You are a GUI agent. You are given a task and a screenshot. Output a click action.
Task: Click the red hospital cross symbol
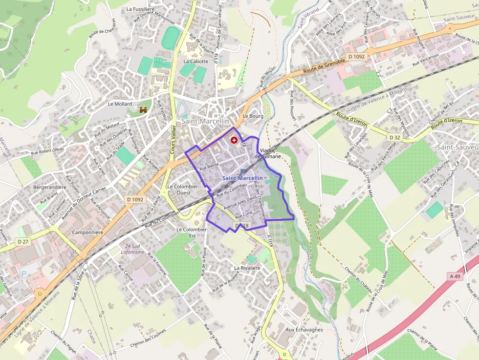(x=233, y=140)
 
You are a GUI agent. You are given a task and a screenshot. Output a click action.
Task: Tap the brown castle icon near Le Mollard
(x=143, y=110)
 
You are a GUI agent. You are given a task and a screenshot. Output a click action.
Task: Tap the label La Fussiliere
(x=141, y=9)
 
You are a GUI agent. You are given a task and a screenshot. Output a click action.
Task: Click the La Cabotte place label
(x=196, y=62)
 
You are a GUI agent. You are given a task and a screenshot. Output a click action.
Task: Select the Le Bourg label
(x=253, y=116)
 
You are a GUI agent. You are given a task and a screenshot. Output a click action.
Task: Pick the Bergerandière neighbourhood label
(x=49, y=187)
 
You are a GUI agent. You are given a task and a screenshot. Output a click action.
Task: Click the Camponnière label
(x=87, y=233)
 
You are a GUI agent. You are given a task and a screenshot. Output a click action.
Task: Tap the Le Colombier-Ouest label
(x=183, y=190)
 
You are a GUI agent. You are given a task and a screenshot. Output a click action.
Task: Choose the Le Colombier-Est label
(x=192, y=233)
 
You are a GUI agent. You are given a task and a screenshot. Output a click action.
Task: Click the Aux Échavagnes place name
(x=304, y=330)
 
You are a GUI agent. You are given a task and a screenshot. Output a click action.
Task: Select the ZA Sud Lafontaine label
(x=132, y=249)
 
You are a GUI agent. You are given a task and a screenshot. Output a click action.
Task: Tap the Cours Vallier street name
(x=173, y=139)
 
